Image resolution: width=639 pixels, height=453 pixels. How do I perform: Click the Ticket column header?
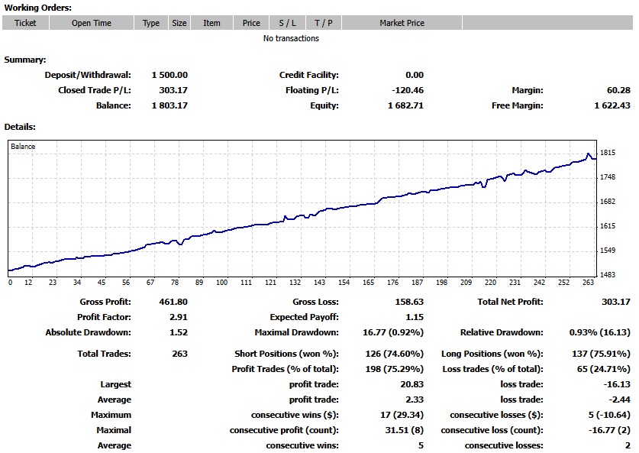(25, 23)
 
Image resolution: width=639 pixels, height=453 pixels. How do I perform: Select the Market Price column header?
(402, 23)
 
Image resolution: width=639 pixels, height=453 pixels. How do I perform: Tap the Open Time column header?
(92, 23)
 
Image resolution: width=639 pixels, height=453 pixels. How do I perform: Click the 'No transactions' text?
(291, 38)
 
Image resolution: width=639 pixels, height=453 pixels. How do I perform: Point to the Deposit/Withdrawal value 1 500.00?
(169, 75)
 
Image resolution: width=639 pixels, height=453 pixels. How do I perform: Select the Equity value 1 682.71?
(405, 105)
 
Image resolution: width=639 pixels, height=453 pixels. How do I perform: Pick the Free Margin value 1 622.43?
(612, 105)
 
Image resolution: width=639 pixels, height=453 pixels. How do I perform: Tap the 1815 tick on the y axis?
(608, 153)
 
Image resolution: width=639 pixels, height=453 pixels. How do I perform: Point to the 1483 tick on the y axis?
(608, 275)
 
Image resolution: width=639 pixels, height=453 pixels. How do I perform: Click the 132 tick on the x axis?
(295, 283)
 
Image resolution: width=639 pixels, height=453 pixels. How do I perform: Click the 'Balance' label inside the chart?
(23, 147)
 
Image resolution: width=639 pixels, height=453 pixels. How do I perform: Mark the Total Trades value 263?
(179, 354)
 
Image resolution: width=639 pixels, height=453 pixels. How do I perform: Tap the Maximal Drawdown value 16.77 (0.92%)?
(391, 332)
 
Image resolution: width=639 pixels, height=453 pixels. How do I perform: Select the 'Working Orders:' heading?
(38, 8)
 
